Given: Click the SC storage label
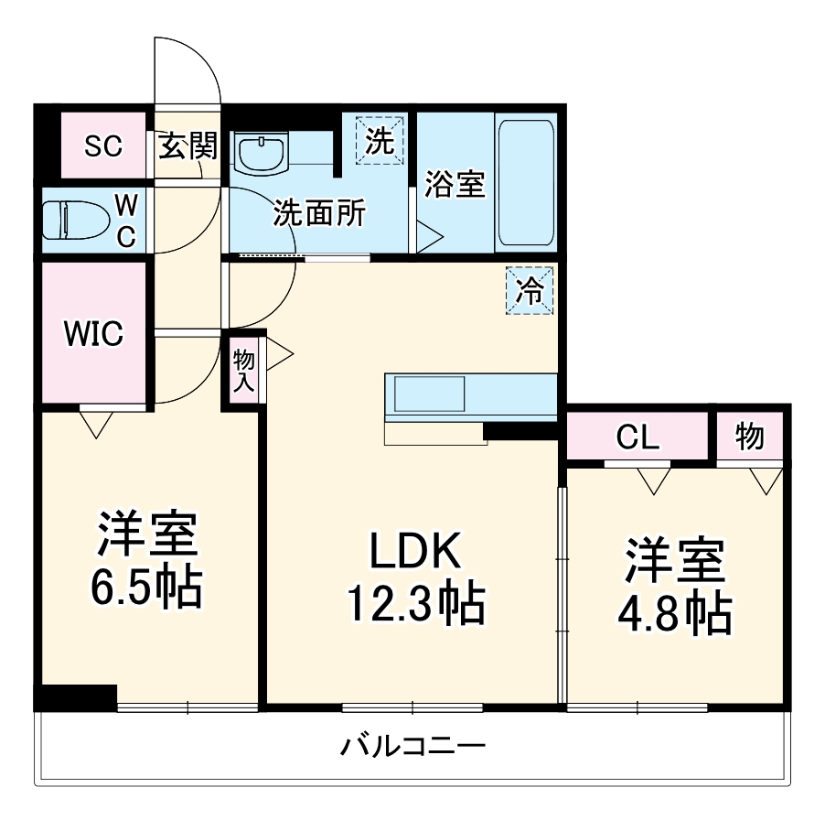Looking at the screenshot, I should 103,146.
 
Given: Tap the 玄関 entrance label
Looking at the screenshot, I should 188,146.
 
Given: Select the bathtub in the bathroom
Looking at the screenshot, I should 525,182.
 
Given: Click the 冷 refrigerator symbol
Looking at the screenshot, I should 530,291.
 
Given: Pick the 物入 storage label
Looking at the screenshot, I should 243,369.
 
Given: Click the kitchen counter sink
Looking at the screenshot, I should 430,395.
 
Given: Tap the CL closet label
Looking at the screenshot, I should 637,437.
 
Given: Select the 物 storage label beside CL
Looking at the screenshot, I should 749,437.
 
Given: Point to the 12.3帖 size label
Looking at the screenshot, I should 413,604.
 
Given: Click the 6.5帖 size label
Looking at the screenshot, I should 146,588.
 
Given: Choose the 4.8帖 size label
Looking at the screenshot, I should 676,614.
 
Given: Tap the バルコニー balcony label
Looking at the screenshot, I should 413,746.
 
